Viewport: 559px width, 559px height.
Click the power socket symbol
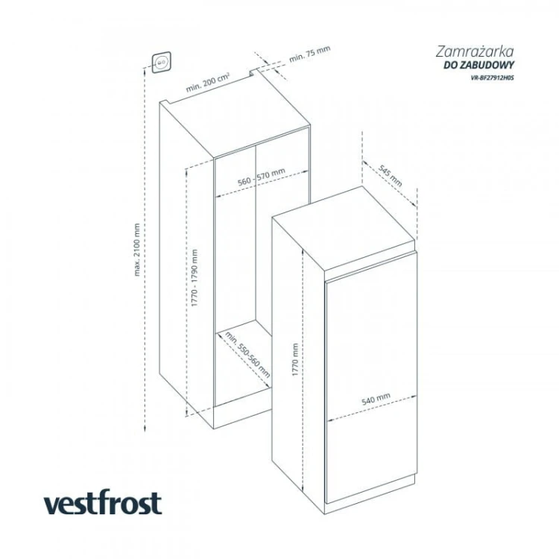(x=162, y=63)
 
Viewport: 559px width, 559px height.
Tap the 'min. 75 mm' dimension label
(x=309, y=54)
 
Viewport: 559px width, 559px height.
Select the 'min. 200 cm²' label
(x=207, y=82)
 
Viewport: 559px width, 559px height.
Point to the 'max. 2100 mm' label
(x=136, y=250)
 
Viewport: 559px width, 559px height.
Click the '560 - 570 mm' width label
(x=262, y=177)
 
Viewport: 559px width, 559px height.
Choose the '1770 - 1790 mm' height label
(x=195, y=278)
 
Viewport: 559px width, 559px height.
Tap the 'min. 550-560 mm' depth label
(x=247, y=354)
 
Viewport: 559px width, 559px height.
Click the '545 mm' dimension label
(x=390, y=176)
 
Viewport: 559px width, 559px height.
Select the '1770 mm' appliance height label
(x=295, y=360)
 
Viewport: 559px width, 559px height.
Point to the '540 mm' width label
(x=376, y=399)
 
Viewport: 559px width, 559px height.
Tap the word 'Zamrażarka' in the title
(x=475, y=51)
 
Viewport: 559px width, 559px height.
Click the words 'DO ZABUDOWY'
(x=479, y=65)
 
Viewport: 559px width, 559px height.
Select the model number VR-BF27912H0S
(x=493, y=78)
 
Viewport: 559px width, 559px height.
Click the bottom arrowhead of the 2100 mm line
(x=145, y=428)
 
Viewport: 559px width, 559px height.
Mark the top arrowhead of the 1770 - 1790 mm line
(x=186, y=171)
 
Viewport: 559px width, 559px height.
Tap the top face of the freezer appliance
(x=344, y=227)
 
